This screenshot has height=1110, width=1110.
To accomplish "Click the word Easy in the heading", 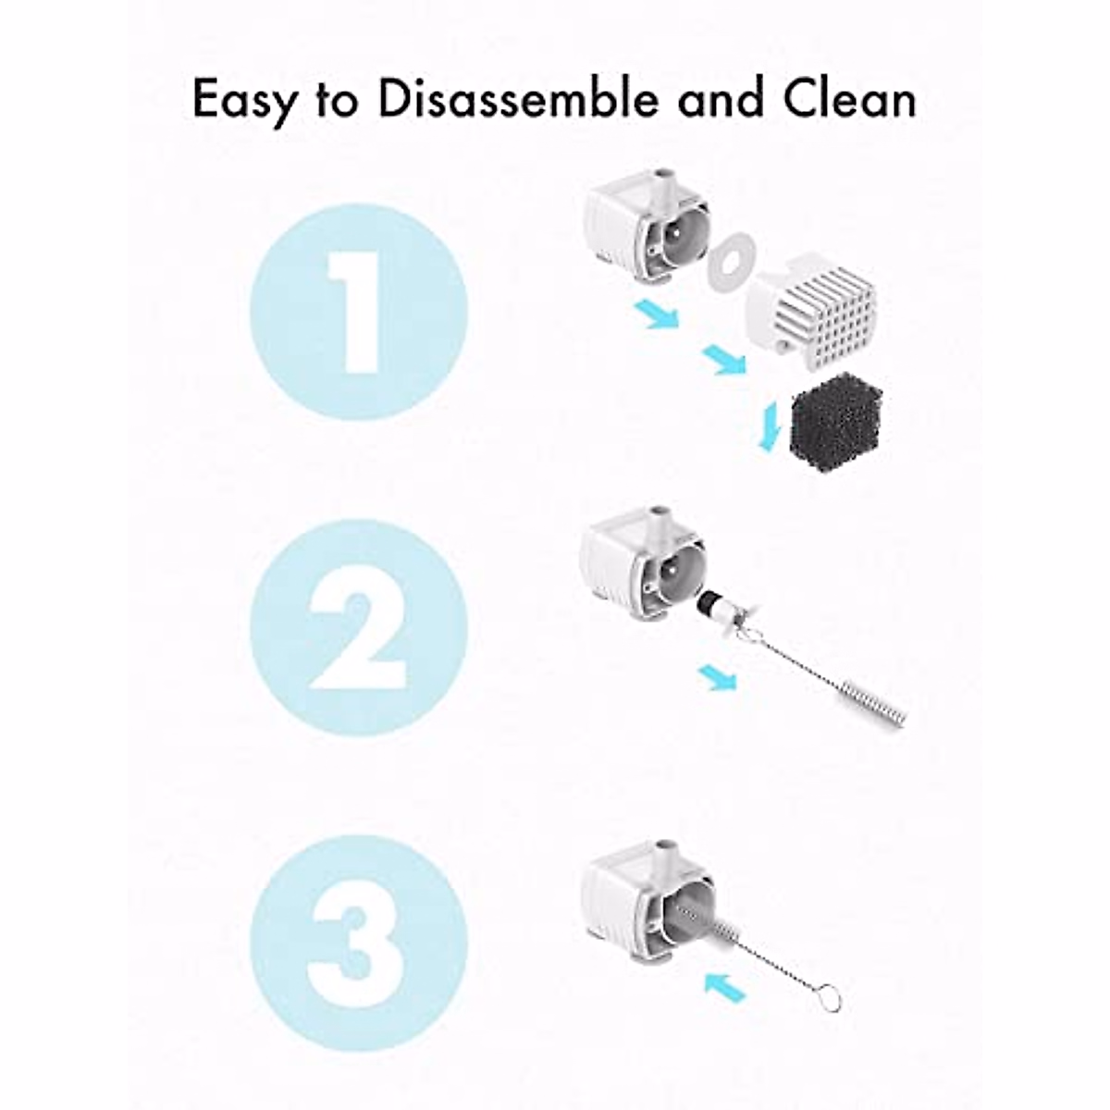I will [242, 100].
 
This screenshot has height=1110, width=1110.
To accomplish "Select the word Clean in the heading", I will [849, 100].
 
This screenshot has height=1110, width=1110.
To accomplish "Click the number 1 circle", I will [359, 312].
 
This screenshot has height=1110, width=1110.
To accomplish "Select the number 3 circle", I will [359, 943].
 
